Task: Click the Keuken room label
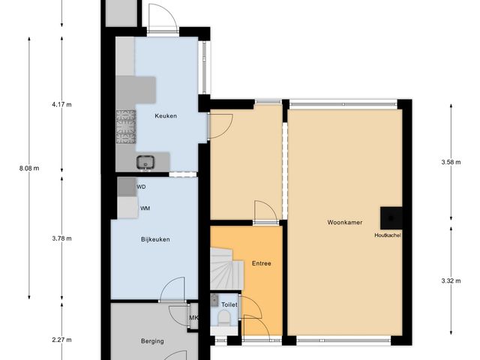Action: click(165, 115)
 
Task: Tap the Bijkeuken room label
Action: click(154, 240)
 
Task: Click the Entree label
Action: click(262, 264)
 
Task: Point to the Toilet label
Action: click(228, 304)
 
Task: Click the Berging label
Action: click(152, 342)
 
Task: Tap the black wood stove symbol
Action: click(391, 217)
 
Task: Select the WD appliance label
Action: click(142, 187)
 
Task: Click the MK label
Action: click(193, 319)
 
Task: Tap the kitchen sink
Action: click(145, 162)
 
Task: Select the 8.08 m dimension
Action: click(28, 169)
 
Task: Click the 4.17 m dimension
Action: click(61, 105)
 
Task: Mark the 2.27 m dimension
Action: click(61, 340)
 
